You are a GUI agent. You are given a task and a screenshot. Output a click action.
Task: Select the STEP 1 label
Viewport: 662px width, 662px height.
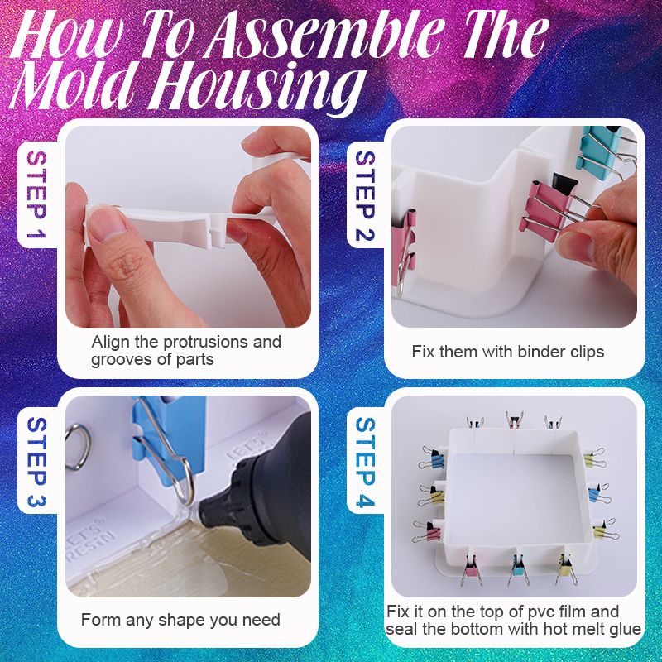36,194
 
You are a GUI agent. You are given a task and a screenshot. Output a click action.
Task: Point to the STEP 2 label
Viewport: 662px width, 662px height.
365,196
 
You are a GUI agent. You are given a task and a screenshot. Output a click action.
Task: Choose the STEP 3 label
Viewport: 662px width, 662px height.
36,462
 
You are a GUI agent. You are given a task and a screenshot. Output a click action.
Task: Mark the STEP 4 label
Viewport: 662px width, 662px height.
365,462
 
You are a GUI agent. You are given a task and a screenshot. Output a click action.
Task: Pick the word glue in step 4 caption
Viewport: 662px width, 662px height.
625,629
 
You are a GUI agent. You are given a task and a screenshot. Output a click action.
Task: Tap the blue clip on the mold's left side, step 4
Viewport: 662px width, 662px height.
433,460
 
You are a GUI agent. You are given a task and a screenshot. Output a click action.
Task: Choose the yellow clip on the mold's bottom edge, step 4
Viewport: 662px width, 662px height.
565,566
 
